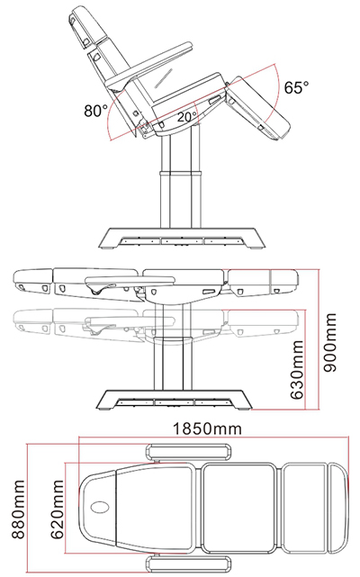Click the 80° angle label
95,110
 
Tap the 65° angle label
297,87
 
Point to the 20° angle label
187,117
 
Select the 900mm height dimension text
329,343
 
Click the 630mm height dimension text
297,370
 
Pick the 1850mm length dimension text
208,428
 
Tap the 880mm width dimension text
18,509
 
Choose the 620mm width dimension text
57,509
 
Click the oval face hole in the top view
100,508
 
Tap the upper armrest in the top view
190,452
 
